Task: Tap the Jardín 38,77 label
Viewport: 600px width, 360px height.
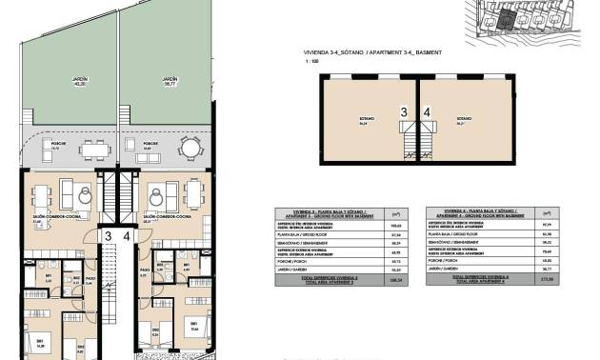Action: click(170, 82)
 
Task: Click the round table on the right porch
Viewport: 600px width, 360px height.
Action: click(191, 149)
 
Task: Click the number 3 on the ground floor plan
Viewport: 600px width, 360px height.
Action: click(109, 236)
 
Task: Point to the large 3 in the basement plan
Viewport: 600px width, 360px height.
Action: click(404, 112)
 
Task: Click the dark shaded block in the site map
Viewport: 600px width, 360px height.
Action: click(509, 17)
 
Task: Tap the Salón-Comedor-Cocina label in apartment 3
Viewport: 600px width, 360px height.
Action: click(57, 217)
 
